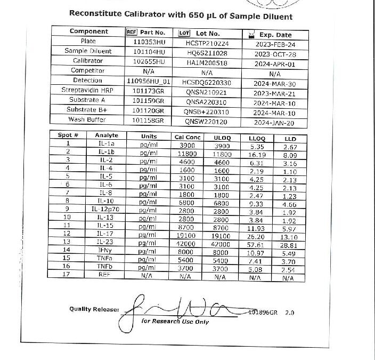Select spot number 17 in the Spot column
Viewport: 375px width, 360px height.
coord(68,275)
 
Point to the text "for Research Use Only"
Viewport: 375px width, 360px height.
coord(175,322)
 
